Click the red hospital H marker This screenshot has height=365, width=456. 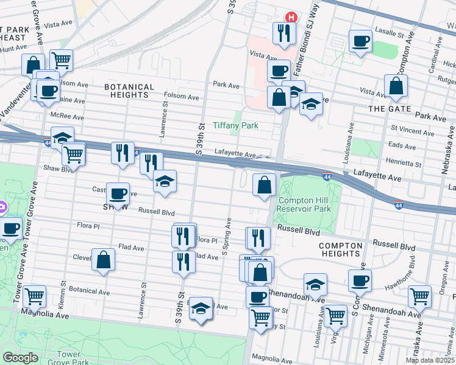291,17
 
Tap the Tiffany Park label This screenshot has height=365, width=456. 235,126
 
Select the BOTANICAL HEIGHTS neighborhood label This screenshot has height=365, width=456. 126,91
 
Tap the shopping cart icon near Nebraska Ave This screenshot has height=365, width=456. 420,296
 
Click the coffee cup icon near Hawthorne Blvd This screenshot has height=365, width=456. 360,280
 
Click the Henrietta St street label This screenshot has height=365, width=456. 405,164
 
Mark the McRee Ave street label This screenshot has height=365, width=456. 67,116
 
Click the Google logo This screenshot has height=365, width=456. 20,358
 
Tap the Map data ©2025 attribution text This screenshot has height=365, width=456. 429,360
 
